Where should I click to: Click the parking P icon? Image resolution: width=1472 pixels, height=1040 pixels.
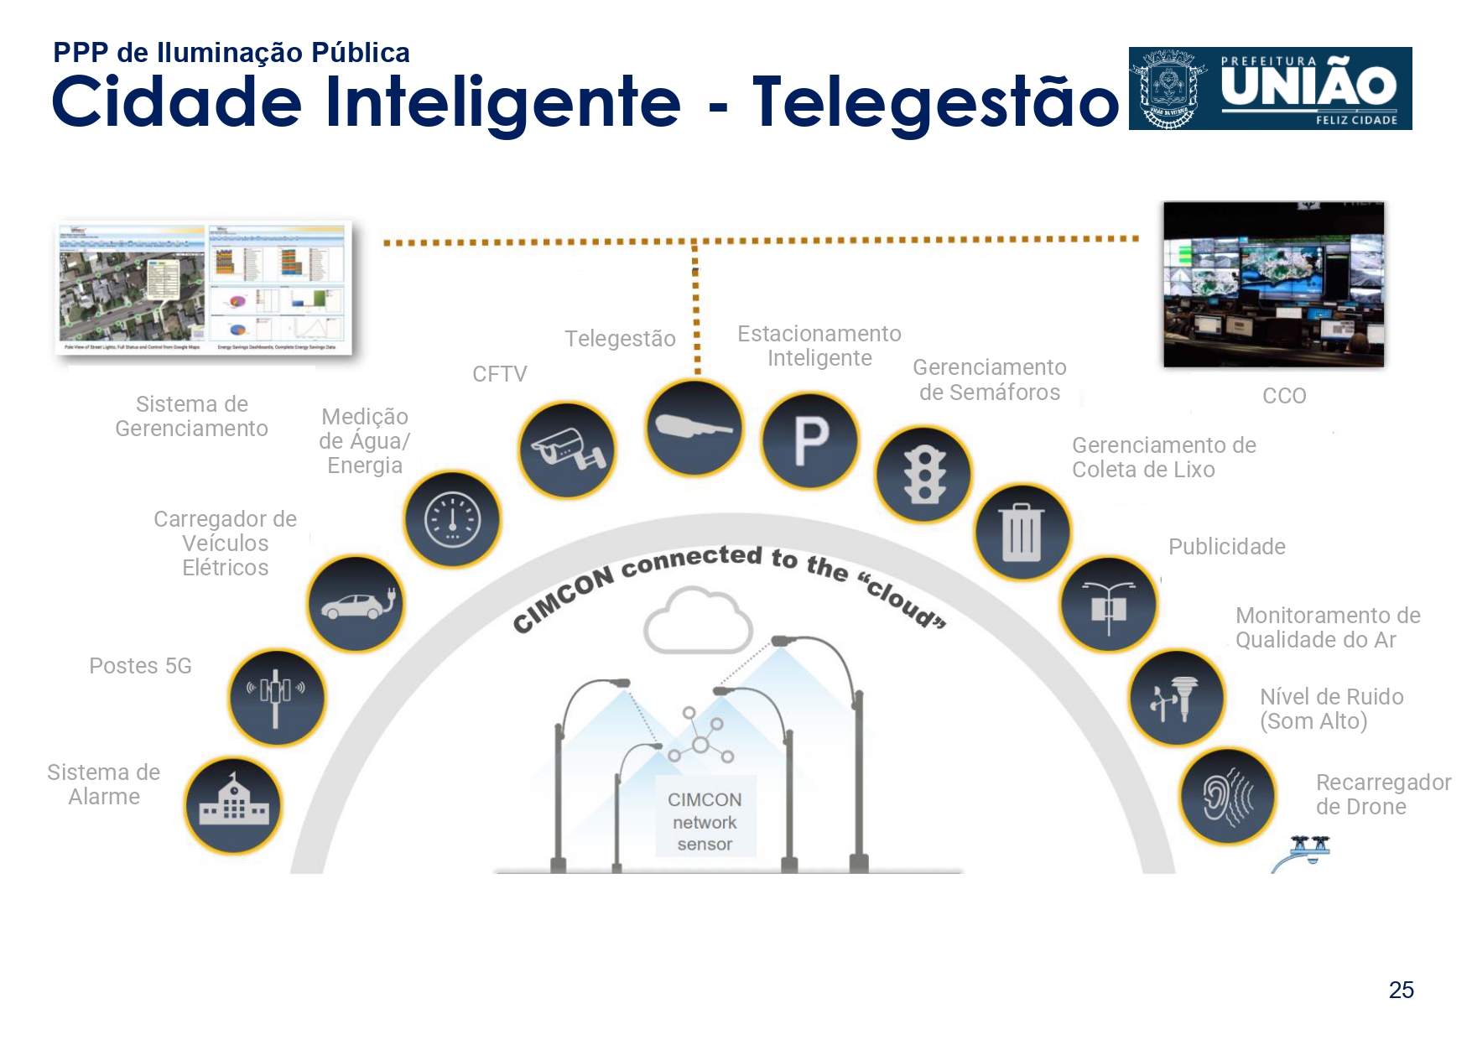[x=810, y=441]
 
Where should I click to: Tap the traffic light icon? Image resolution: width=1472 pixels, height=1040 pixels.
[x=924, y=475]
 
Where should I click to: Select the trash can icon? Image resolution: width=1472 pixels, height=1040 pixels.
[x=1022, y=532]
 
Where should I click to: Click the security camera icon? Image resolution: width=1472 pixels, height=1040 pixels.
[x=567, y=450]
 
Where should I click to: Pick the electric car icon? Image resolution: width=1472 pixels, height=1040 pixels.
[x=356, y=604]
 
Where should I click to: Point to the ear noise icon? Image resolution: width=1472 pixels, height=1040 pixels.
[x=1228, y=796]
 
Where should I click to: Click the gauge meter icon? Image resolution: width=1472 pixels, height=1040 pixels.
[x=453, y=519]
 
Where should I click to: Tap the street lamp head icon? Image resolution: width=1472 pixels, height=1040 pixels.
[x=694, y=428]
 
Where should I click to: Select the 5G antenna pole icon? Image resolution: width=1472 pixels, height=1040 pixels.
[x=277, y=697]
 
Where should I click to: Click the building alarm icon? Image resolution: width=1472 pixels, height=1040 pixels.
[x=234, y=806]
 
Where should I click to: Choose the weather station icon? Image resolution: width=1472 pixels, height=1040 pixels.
[x=1176, y=698]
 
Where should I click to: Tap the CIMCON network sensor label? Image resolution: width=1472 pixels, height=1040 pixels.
[x=705, y=822]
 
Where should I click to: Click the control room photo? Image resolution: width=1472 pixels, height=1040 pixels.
[x=1273, y=284]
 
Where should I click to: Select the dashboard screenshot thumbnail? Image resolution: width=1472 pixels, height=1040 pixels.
[x=203, y=288]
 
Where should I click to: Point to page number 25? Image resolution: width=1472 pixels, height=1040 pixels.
[x=1401, y=991]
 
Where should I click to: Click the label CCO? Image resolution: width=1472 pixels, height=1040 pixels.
[x=1284, y=396]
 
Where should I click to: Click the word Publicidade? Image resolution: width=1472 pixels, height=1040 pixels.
[x=1226, y=547]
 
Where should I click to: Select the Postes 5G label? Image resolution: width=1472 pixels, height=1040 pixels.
[x=141, y=666]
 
